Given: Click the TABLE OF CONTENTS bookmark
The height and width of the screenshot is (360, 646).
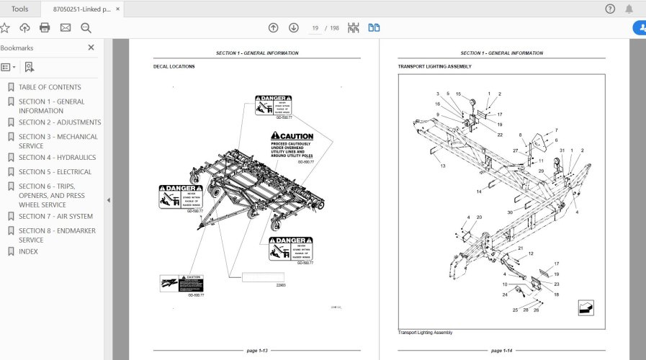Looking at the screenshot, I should [50, 87].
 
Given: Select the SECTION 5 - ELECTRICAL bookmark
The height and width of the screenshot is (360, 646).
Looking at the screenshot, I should [55, 172].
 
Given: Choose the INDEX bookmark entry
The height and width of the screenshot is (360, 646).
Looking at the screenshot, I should [28, 252].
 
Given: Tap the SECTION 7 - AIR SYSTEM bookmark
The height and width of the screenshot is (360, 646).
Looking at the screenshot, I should [55, 217].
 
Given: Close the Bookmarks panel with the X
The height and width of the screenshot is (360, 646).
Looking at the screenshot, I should [91, 48].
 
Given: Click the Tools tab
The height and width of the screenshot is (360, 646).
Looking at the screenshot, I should [20, 9].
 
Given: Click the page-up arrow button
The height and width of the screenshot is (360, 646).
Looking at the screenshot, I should [273, 28].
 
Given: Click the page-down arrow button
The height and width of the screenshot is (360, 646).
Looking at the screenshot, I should [294, 28].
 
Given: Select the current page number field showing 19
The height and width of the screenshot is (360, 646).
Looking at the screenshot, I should [315, 28].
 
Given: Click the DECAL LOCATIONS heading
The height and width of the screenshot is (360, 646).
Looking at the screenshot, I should [174, 67].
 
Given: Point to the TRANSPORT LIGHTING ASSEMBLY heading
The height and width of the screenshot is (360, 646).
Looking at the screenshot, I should [434, 67].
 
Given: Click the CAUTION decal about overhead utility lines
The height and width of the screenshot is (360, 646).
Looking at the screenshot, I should [292, 146].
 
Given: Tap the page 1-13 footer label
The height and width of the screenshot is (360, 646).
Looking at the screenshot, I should [257, 351].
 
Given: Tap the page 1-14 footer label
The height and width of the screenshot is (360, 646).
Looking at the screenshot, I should [501, 351].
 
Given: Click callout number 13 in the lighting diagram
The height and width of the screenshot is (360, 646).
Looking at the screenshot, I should [444, 166].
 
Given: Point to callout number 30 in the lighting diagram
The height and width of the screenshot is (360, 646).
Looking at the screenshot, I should [509, 212].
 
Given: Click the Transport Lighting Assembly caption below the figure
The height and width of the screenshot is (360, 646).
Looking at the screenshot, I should [425, 333].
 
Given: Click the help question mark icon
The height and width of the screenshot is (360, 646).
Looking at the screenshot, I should [610, 9].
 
